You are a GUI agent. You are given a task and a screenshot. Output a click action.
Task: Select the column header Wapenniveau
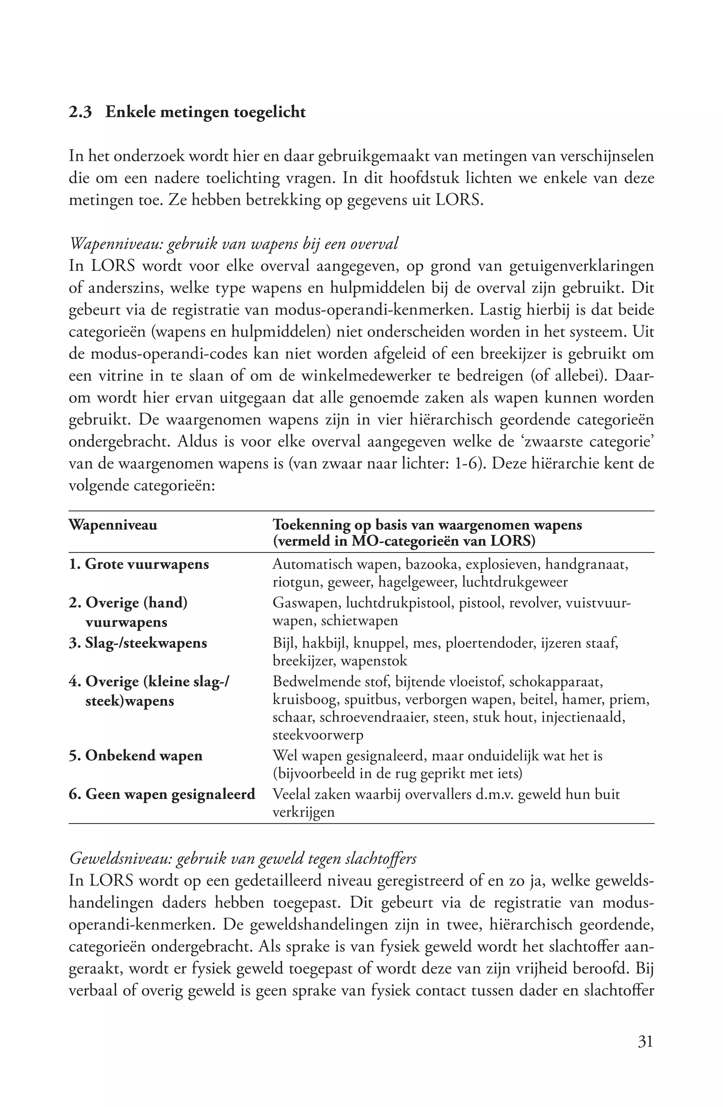tap(113, 525)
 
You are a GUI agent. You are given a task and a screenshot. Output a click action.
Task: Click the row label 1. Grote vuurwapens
tap(139, 564)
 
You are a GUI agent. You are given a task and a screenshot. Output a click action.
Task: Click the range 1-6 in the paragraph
tap(465, 464)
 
